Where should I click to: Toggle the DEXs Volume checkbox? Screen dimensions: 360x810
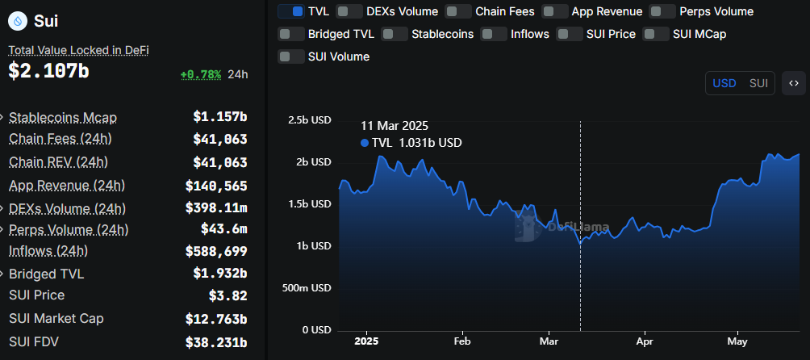pos(349,11)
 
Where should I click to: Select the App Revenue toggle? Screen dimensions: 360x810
pos(554,11)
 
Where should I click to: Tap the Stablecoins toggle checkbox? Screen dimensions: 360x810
pos(394,34)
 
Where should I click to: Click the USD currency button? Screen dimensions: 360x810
pos(724,83)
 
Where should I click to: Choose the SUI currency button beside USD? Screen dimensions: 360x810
pos(758,83)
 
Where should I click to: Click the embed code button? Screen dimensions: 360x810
pos(794,83)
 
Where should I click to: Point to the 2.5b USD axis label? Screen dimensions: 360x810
pos(310,119)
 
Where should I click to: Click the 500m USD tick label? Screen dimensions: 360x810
pos(310,287)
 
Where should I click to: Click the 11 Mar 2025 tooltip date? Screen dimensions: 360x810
pos(395,126)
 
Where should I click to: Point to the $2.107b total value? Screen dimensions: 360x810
pos(48,71)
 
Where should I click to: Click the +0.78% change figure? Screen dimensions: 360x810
pos(200,74)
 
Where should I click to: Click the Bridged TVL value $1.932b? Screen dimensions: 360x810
pos(219,274)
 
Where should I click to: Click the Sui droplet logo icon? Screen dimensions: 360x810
pos(17,21)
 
